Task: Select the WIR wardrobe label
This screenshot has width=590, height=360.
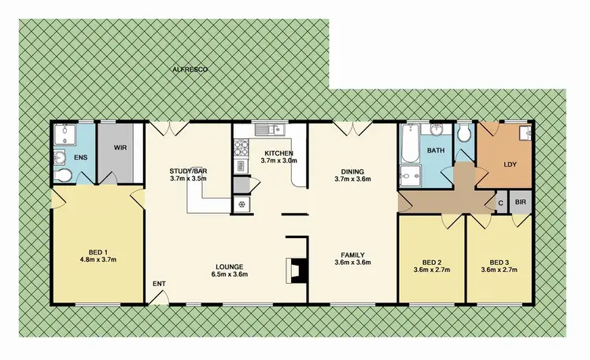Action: point(120,147)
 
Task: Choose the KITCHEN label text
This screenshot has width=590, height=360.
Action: point(279,152)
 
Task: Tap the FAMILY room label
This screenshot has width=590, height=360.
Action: point(352,255)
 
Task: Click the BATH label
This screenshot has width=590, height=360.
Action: point(437,150)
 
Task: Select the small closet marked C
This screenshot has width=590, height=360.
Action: point(501,202)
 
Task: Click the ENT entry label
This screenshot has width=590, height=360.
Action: point(159,284)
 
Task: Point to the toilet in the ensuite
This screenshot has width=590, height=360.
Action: point(61,160)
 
